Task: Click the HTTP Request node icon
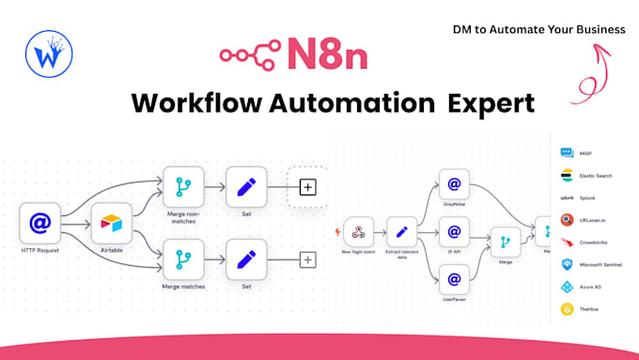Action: (40, 224)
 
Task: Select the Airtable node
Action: (112, 224)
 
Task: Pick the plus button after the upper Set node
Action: (307, 187)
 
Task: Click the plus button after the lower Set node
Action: (307, 258)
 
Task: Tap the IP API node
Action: (454, 230)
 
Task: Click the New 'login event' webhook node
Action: (358, 231)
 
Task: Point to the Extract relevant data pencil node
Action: (402, 231)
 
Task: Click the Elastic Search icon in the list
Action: (567, 176)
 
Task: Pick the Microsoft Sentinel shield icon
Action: (567, 264)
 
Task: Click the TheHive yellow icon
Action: (567, 308)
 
